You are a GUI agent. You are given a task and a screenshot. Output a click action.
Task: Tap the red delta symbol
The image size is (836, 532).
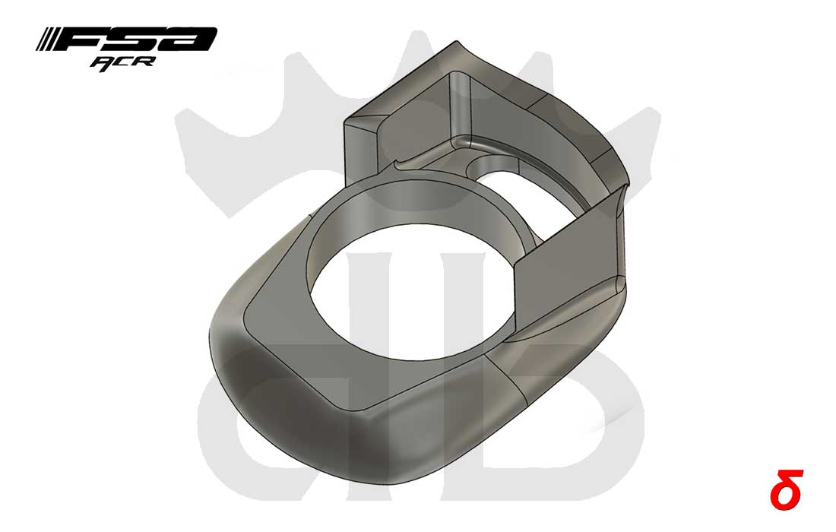[786, 486]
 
